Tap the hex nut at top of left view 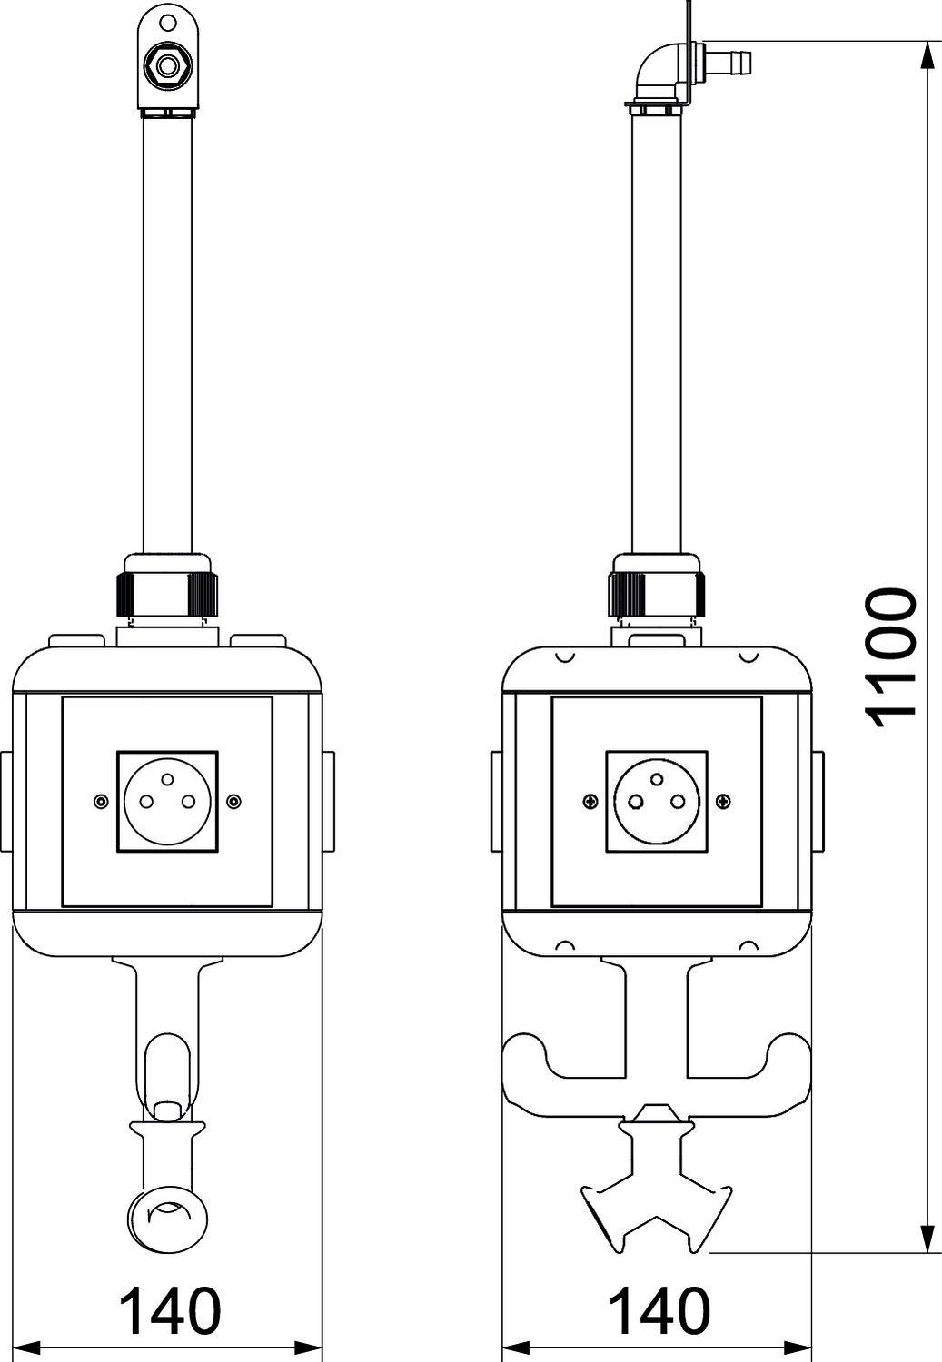pyautogui.click(x=166, y=64)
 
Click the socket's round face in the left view pyautogui.click(x=167, y=801)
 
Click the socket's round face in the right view pyautogui.click(x=657, y=801)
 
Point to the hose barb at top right pyautogui.click(x=728, y=62)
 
